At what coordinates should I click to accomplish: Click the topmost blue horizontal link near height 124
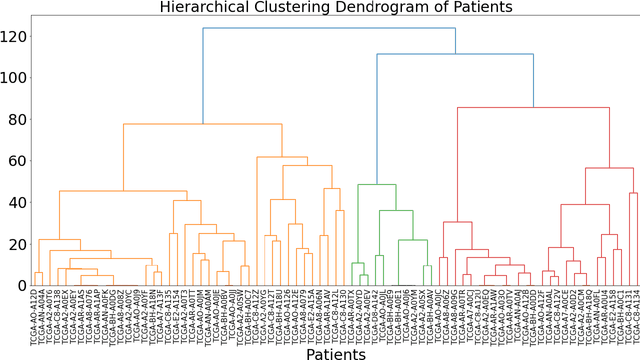330,28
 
